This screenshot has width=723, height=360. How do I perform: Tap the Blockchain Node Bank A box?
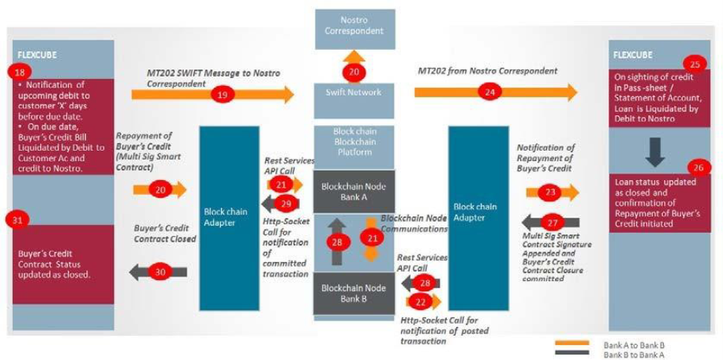tap(354, 190)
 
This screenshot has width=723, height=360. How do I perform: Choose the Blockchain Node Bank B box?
tap(354, 293)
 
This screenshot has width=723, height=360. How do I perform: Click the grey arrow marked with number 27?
tap(551, 223)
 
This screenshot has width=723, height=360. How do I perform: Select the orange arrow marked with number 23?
tap(552, 192)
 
